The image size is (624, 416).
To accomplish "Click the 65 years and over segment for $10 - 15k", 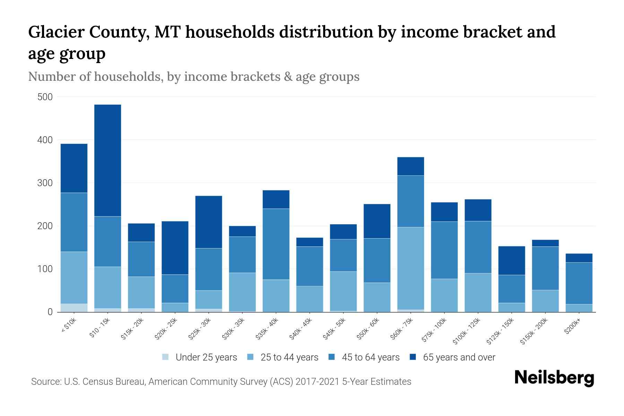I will pyautogui.click(x=107, y=160).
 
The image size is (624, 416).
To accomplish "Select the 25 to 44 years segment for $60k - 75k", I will pyautogui.click(x=410, y=268).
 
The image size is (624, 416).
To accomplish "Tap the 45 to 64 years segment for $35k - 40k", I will pyautogui.click(x=276, y=244).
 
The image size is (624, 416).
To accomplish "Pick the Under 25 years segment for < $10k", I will pyautogui.click(x=74, y=308).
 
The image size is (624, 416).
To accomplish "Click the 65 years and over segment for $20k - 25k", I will pyautogui.click(x=175, y=248).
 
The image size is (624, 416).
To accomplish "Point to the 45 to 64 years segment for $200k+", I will pyautogui.click(x=579, y=283).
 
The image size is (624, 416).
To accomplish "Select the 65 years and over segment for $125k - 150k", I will pyautogui.click(x=512, y=261).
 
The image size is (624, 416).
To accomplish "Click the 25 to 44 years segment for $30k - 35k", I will pyautogui.click(x=242, y=292).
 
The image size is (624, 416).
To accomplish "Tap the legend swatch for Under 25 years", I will pyautogui.click(x=166, y=357).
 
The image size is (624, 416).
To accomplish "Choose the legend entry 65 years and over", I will pyautogui.click(x=459, y=357).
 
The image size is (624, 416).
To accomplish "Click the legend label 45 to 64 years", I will pyautogui.click(x=370, y=357).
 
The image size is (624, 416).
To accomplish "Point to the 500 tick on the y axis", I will pyautogui.click(x=45, y=97).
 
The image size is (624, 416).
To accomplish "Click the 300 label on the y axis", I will pyautogui.click(x=45, y=183).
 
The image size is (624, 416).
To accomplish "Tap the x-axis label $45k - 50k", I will pyautogui.click(x=335, y=329).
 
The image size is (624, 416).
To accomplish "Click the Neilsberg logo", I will pyautogui.click(x=554, y=378).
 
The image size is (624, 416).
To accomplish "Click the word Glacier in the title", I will pyautogui.click(x=56, y=32).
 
